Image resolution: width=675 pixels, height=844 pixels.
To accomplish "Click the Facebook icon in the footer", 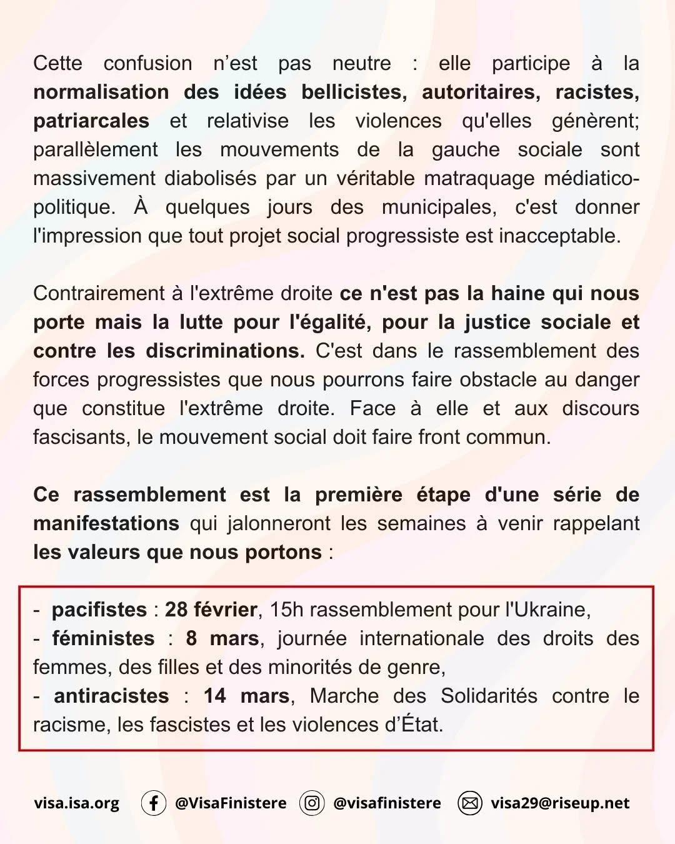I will pyautogui.click(x=153, y=803).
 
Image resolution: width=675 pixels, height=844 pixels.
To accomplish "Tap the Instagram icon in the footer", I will pyautogui.click(x=312, y=803).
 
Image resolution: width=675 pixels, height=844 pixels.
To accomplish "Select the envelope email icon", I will pyautogui.click(x=470, y=803).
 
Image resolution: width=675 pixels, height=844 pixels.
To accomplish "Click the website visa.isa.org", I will pyautogui.click(x=76, y=803).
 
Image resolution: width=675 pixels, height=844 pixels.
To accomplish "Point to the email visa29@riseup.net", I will pyautogui.click(x=560, y=803).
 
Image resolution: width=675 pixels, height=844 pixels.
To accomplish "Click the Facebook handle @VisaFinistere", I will pyautogui.click(x=231, y=803).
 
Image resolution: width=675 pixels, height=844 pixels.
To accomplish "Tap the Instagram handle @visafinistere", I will pyautogui.click(x=387, y=803).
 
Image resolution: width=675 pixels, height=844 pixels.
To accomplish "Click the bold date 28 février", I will pyautogui.click(x=211, y=610).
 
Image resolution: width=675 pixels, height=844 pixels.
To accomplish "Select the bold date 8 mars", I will pyautogui.click(x=222, y=638).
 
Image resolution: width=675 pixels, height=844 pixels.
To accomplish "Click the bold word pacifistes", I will pyautogui.click(x=99, y=610).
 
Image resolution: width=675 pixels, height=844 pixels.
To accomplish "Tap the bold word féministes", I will pyautogui.click(x=103, y=638).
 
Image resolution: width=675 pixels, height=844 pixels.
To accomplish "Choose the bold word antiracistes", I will pyautogui.click(x=111, y=696).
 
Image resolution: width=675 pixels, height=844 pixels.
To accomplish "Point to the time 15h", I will pyautogui.click(x=286, y=610).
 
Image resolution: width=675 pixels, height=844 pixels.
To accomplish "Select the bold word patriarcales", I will pyautogui.click(x=91, y=121).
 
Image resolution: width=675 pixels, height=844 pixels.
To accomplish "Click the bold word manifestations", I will pyautogui.click(x=106, y=523).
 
